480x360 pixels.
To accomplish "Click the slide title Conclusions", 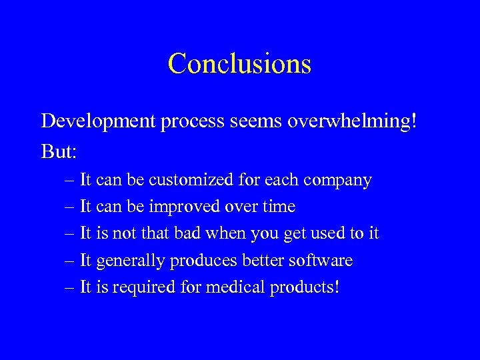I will pyautogui.click(x=239, y=63).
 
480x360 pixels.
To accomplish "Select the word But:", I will pyautogui.click(x=59, y=152).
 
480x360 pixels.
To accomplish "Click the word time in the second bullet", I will pyautogui.click(x=279, y=207).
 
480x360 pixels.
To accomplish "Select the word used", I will pyautogui.click(x=324, y=233).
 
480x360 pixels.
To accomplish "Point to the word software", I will pyautogui.click(x=323, y=260).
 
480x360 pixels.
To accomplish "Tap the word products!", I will pyautogui.click(x=305, y=288).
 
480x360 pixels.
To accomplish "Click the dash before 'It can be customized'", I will pyautogui.click(x=71, y=181).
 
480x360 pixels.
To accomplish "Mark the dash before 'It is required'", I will pyautogui.click(x=71, y=287).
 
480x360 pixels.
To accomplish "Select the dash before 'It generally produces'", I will pyautogui.click(x=71, y=261).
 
